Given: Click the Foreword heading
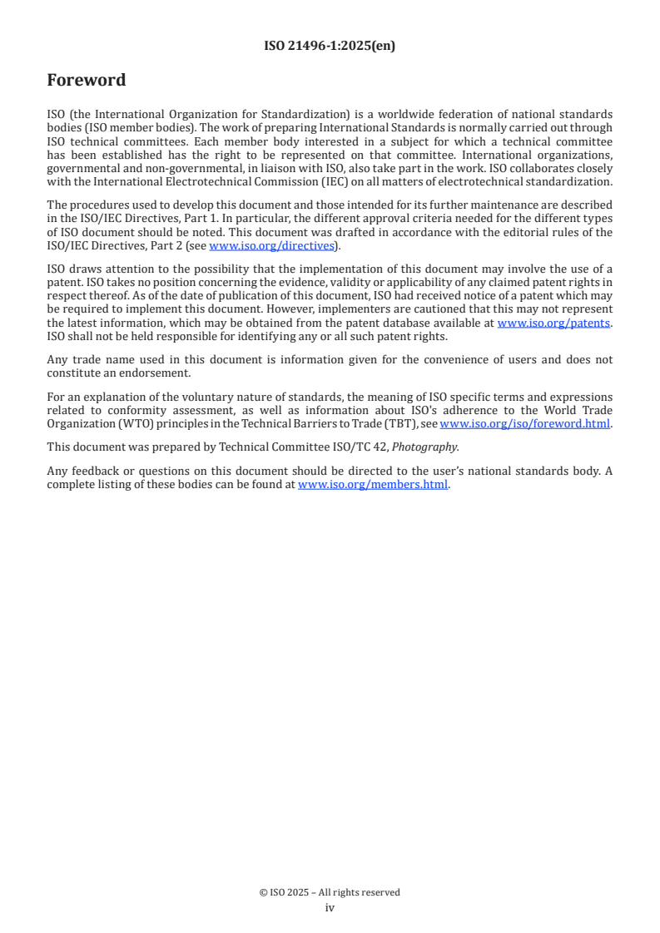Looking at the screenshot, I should click(x=87, y=81).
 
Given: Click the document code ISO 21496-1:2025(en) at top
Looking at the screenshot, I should click(x=330, y=47).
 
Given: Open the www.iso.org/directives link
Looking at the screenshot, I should click(x=271, y=245).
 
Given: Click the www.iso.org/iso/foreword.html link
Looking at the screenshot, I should click(x=525, y=423).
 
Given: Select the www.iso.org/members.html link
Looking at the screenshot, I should click(x=373, y=485).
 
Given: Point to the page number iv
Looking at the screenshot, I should click(x=330, y=908).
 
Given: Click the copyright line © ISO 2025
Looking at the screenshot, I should click(x=330, y=892).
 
